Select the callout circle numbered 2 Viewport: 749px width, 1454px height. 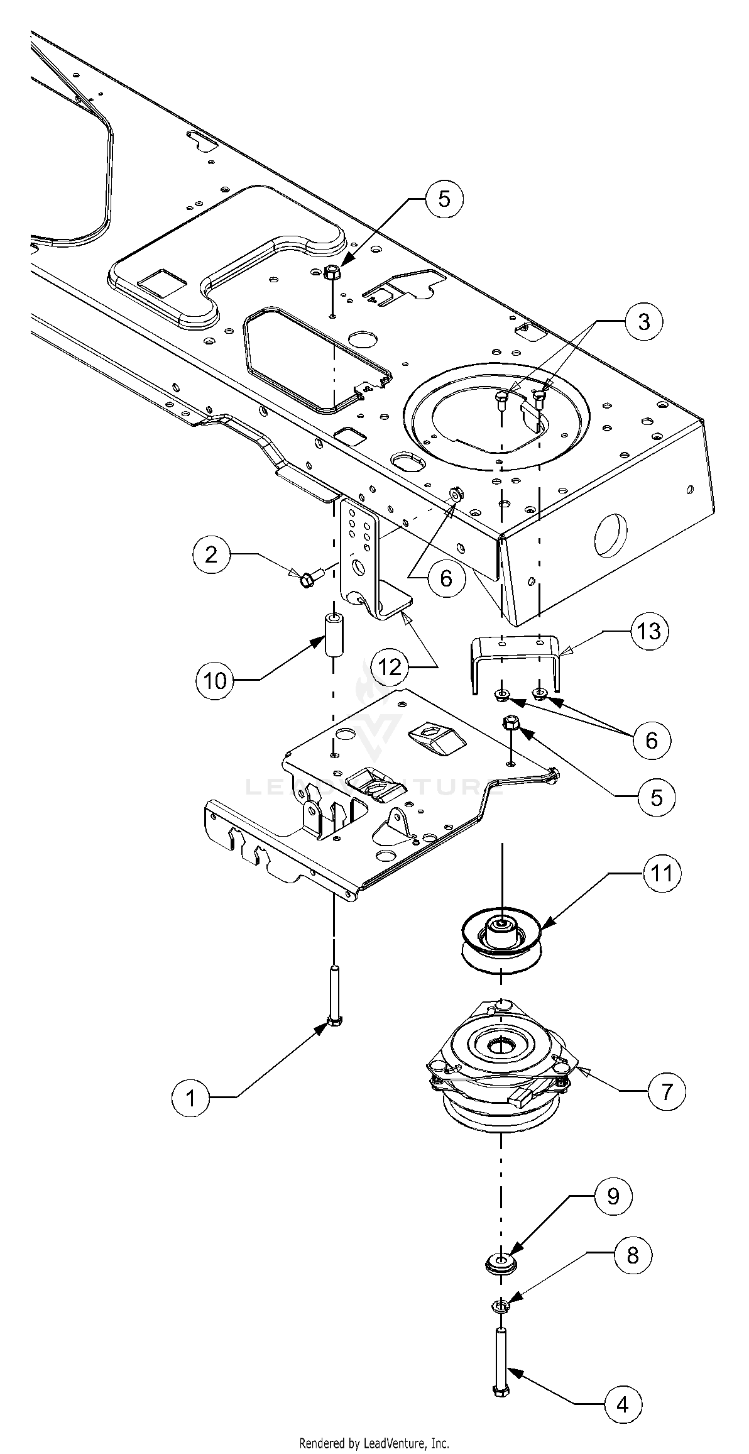(x=212, y=554)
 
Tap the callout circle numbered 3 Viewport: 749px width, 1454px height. (x=644, y=321)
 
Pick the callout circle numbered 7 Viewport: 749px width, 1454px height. (x=667, y=1091)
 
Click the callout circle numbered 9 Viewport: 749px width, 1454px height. (x=613, y=1196)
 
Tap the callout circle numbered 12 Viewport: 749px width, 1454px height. (x=390, y=667)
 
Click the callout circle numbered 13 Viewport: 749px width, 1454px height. (x=650, y=631)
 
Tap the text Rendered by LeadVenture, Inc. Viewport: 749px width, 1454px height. (x=374, y=1443)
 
